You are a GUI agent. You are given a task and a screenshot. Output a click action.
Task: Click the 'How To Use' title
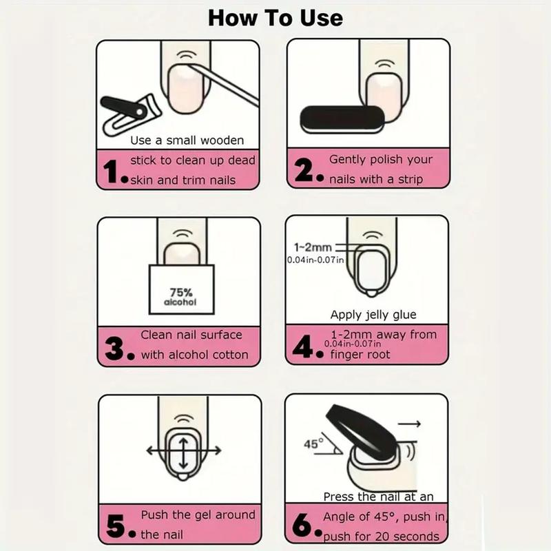[x=275, y=18]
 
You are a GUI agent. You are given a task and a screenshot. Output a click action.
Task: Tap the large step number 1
[x=112, y=171]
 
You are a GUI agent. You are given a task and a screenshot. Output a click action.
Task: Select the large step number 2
[x=304, y=169]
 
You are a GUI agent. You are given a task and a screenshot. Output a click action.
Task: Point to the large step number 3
[x=114, y=349]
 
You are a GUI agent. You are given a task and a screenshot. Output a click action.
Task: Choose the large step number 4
[x=303, y=346]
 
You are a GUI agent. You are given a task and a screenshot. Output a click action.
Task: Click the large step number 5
[x=116, y=526]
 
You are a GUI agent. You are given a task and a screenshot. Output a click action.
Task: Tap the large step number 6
[x=302, y=525]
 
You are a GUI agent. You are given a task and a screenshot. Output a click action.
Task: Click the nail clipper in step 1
[x=131, y=114]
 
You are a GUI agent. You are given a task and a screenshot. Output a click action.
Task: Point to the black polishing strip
[x=342, y=119]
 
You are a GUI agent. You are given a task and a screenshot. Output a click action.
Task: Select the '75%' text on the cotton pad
[x=181, y=292]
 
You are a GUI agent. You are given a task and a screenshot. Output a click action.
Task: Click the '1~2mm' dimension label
[x=313, y=247]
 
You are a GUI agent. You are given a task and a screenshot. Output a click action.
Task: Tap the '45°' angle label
[x=314, y=444]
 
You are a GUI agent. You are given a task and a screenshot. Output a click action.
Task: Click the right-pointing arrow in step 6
[x=409, y=424]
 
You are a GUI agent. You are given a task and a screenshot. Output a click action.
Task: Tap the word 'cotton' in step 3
[x=231, y=355]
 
